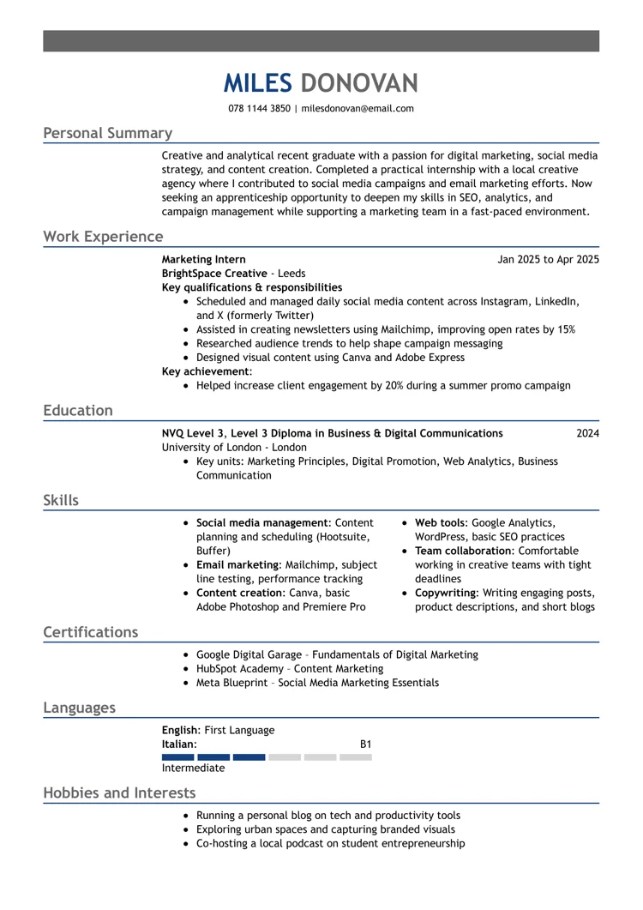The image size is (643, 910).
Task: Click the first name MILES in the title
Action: [x=257, y=83]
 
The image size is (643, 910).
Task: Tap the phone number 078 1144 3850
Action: [x=259, y=109]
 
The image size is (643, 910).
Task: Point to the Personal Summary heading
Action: [x=108, y=133]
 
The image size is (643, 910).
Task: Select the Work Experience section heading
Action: [x=103, y=237]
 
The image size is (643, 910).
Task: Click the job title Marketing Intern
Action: [x=203, y=259]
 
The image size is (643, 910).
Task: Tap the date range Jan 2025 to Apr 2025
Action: [x=548, y=259]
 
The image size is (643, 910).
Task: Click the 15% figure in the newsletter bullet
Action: [x=564, y=329]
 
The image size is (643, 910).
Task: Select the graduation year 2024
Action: [x=587, y=433]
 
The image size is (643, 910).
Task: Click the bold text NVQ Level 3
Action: [x=192, y=433]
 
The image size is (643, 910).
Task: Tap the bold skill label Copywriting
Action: [x=445, y=593]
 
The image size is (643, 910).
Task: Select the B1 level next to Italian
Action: [x=365, y=744]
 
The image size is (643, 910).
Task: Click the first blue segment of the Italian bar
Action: [x=177, y=757]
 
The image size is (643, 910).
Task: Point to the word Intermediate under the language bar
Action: [x=193, y=768]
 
